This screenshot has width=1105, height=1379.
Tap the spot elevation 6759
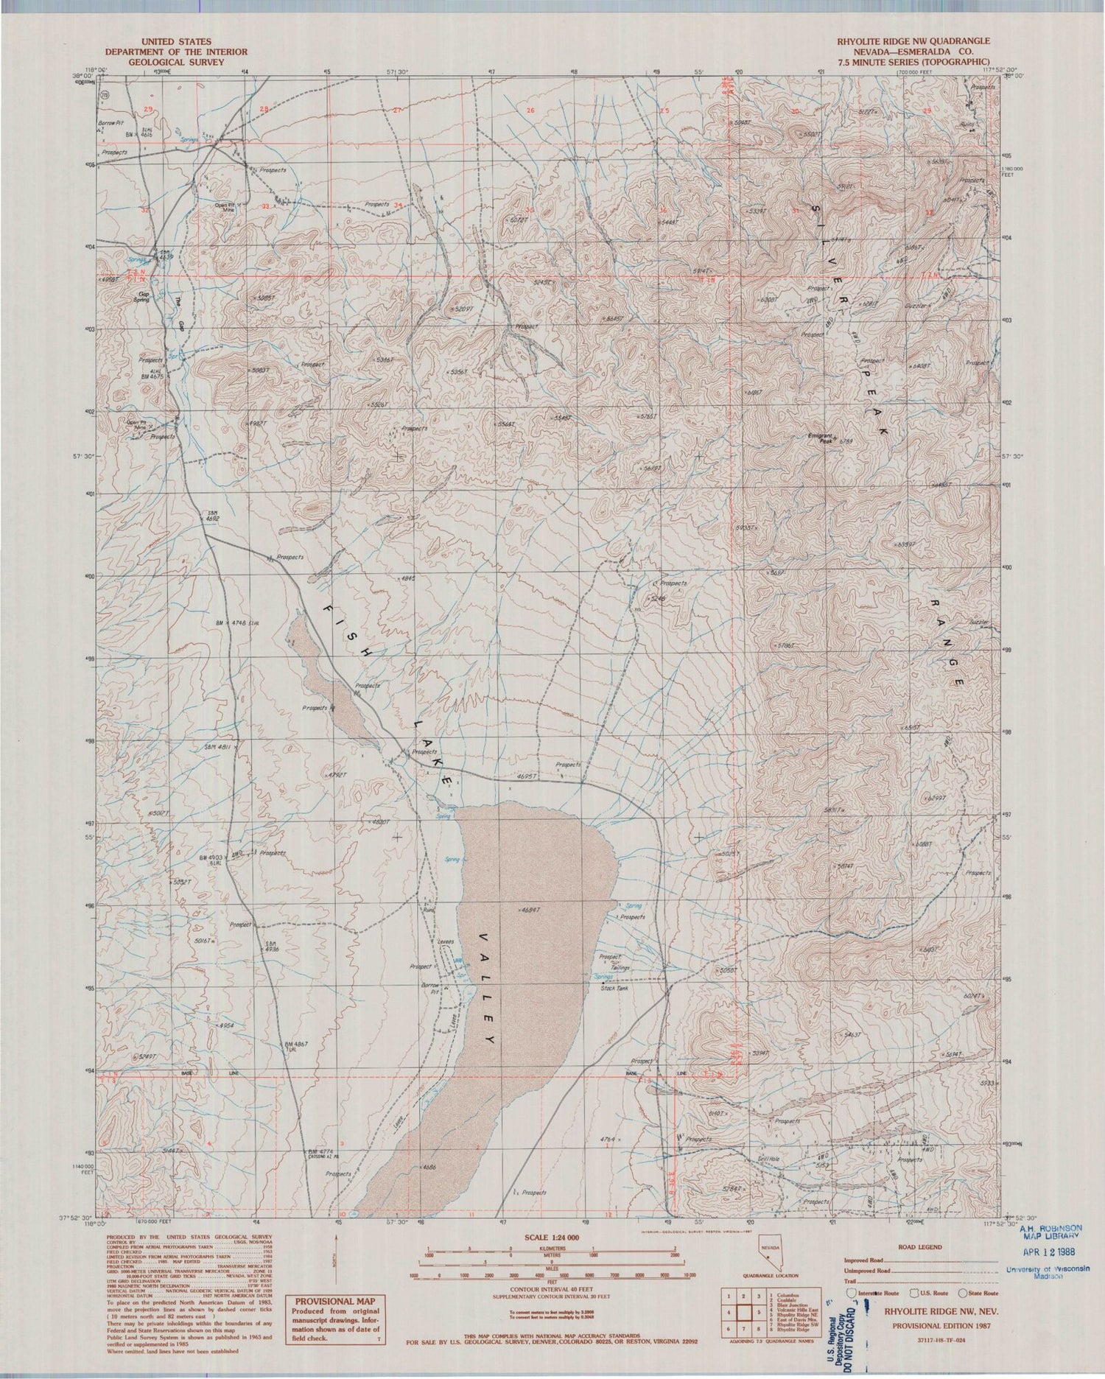point(845,442)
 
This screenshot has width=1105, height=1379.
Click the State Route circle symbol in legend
point(963,1293)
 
